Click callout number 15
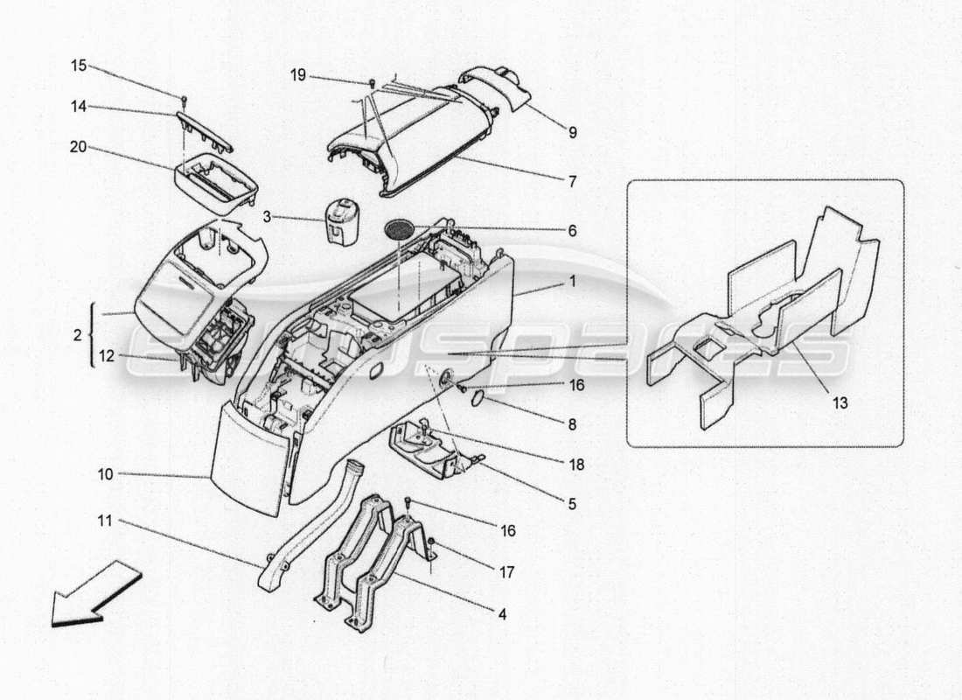point(78,66)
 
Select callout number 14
point(78,106)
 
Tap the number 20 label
point(78,146)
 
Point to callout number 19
point(298,75)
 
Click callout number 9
point(572,133)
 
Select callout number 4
point(501,614)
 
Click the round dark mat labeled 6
point(399,229)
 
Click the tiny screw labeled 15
point(185,99)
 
